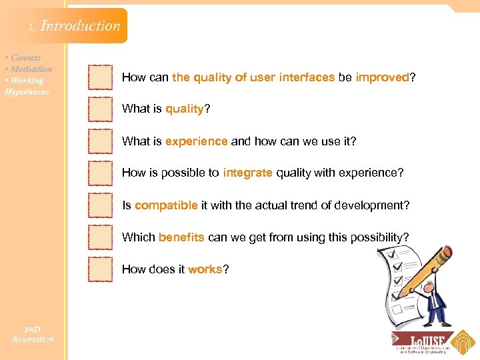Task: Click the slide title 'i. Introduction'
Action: [74, 26]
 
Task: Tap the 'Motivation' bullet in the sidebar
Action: [30, 69]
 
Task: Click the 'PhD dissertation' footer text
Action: [32, 335]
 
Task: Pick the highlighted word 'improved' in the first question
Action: [382, 77]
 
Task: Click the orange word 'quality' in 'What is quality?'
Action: [184, 109]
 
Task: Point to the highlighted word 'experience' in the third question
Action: [197, 141]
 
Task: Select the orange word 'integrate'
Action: [247, 173]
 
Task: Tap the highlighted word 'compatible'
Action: [166, 205]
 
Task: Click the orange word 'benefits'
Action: [181, 237]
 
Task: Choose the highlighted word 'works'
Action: [205, 269]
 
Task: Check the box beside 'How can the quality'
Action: [100, 77]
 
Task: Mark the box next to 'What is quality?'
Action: [100, 109]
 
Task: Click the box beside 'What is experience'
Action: [100, 141]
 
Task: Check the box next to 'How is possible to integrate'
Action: [100, 173]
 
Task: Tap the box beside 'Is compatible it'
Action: [100, 205]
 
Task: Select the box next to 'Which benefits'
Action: [100, 237]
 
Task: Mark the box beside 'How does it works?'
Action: [100, 269]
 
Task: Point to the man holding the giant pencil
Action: [435, 300]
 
